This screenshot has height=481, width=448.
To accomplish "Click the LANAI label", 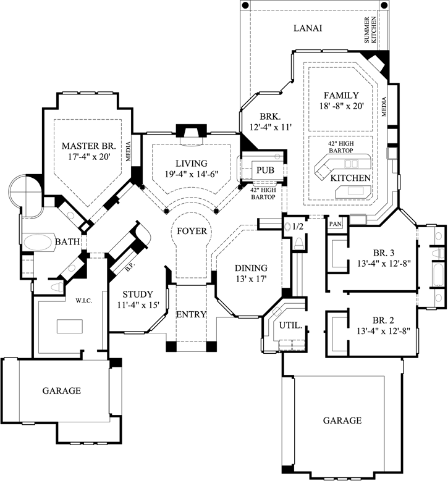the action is tap(308, 28).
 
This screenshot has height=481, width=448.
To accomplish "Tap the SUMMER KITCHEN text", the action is tap(370, 30).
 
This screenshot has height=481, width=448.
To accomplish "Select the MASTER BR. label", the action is tap(89, 146).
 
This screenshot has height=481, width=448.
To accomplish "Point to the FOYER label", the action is tap(192, 231).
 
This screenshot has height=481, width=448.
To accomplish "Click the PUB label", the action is tap(265, 170).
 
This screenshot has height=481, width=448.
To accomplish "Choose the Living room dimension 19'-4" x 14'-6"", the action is tap(192, 174).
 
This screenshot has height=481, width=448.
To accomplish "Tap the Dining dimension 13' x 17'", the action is tap(251, 279).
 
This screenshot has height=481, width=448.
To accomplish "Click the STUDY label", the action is tap(138, 294).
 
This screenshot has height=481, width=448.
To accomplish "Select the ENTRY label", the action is tap(191, 314).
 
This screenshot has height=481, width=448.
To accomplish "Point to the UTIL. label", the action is tap(290, 325).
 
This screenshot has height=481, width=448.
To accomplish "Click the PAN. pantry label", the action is tap(336, 224).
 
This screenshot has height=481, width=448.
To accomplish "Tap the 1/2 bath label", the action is tap(298, 227).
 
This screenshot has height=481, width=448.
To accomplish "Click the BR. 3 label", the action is tap(384, 253).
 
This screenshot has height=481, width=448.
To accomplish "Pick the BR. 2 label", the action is tap(383, 320).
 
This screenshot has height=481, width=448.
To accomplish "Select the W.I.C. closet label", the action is tap(84, 301).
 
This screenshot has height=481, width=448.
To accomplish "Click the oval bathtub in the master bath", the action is tap(38, 243).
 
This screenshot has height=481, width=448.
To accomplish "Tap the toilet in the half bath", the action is tap(298, 243).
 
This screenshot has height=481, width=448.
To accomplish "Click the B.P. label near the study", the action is tap(130, 267).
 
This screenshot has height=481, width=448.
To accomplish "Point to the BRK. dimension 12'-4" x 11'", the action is tap(270, 127).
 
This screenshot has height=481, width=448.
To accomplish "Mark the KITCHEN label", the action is tap(350, 178).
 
